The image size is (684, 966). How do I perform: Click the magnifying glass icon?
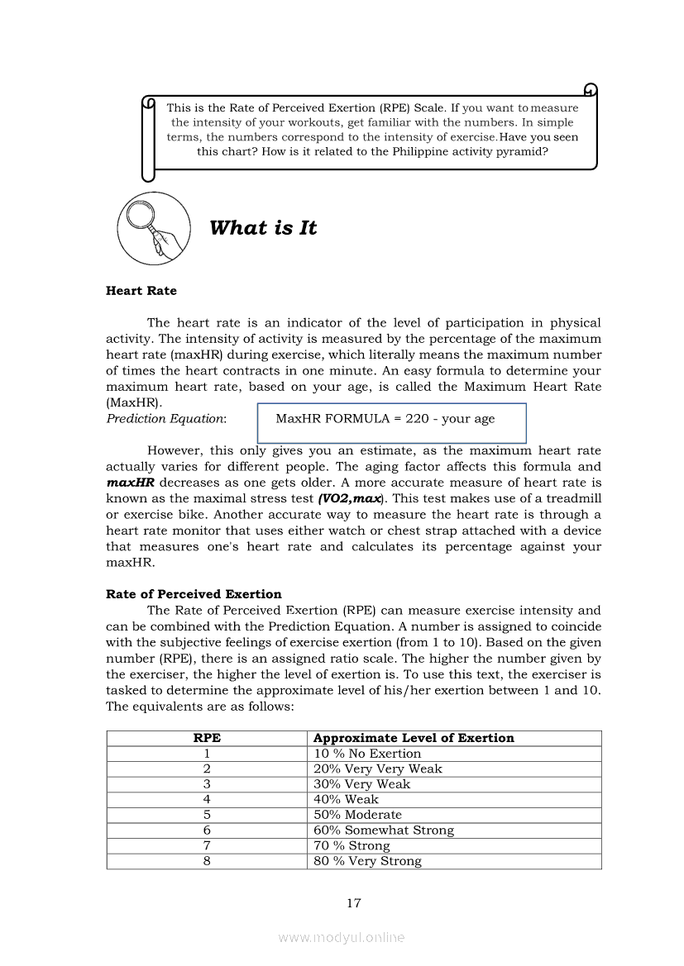tap(154, 228)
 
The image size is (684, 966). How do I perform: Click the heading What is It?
tap(263, 228)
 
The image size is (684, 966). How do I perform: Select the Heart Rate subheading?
tap(141, 291)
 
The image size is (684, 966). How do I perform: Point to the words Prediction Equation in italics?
tap(165, 419)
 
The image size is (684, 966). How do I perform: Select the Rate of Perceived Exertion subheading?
tap(194, 594)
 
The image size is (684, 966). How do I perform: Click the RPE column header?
tap(207, 738)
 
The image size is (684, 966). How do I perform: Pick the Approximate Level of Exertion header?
tap(414, 738)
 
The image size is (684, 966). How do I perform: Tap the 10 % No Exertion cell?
tap(367, 754)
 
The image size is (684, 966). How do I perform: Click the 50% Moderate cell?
tap(357, 815)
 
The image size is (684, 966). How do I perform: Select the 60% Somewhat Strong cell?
tap(384, 830)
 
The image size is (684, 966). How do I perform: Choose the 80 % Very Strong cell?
tap(367, 861)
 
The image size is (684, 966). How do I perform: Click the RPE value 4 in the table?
tap(207, 799)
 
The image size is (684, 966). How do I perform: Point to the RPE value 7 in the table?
tap(207, 845)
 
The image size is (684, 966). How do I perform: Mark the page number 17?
tap(353, 903)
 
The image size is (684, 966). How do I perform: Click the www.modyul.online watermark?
tap(342, 938)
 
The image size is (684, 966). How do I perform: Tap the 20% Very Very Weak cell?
tap(378, 769)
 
